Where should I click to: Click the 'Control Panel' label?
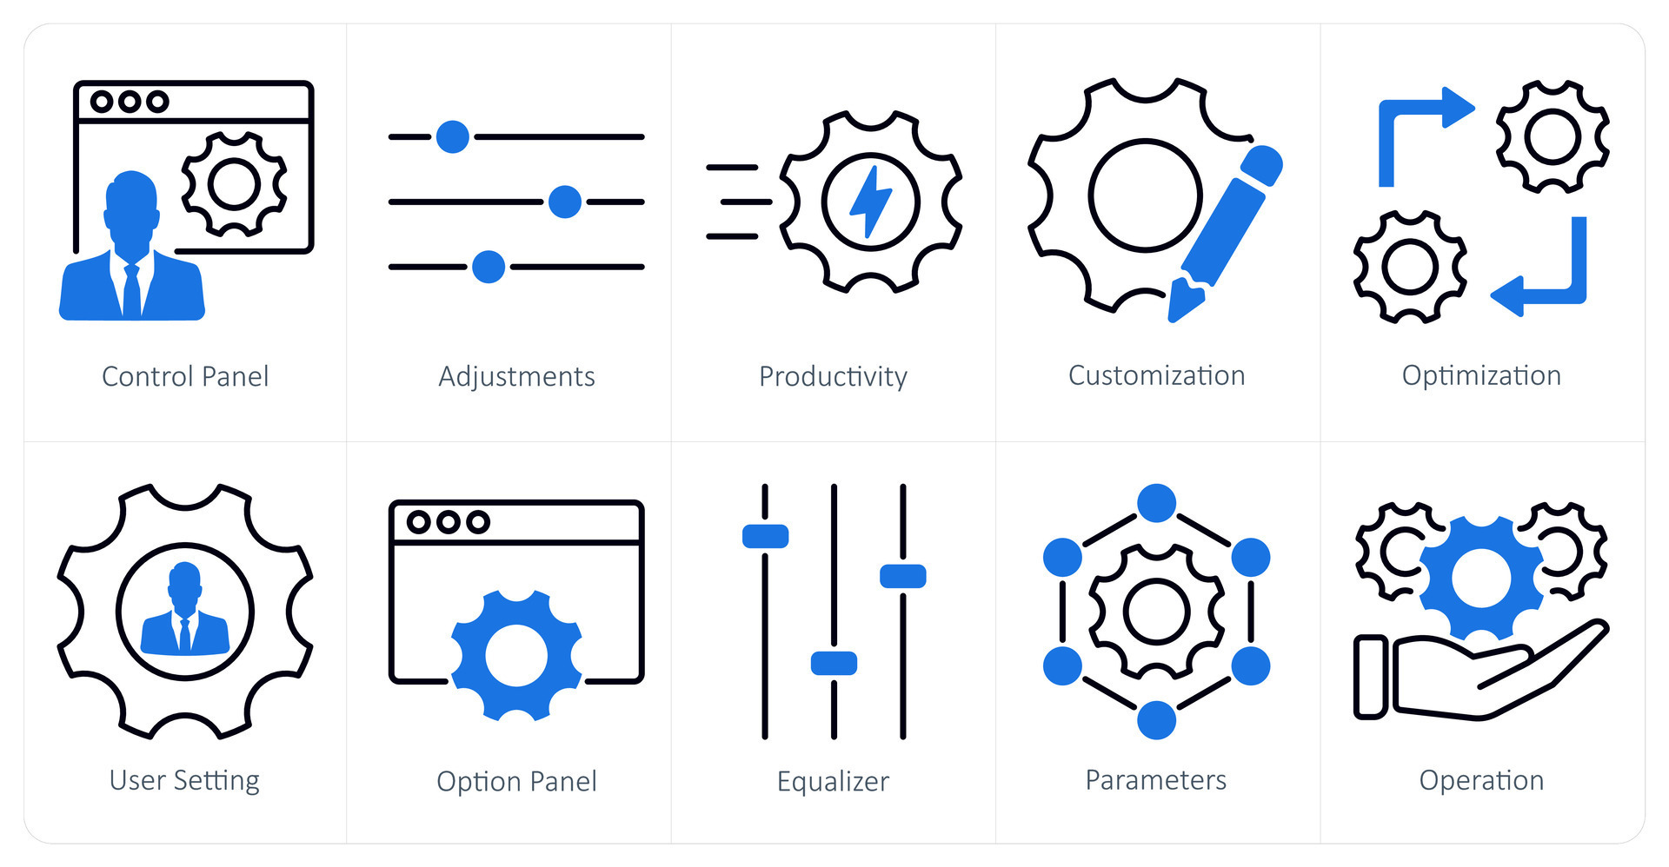[x=185, y=376]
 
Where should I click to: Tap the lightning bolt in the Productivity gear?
[x=870, y=201]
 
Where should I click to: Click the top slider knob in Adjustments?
[x=452, y=136]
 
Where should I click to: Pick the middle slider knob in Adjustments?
[x=564, y=202]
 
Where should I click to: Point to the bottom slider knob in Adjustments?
[x=488, y=267]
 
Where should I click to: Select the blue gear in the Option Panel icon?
[x=516, y=655]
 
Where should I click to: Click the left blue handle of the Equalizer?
[x=765, y=536]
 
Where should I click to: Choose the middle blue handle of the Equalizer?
[x=834, y=663]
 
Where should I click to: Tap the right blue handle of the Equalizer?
[x=902, y=575]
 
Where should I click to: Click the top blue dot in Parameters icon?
[x=1156, y=503]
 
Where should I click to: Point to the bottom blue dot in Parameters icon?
[x=1156, y=719]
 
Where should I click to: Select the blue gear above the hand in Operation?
[x=1480, y=578]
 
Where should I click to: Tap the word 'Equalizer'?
[x=833, y=781]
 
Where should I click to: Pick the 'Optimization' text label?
[x=1481, y=375]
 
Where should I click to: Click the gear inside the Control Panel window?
[x=234, y=184]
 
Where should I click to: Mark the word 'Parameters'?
[x=1156, y=780]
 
